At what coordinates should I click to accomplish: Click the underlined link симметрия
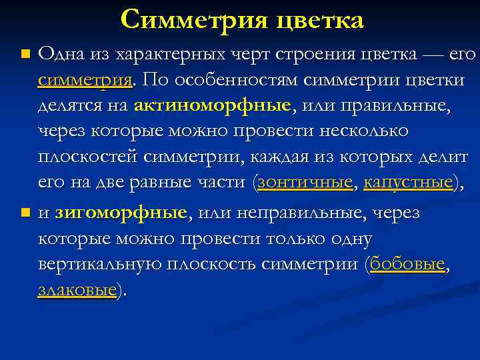85,80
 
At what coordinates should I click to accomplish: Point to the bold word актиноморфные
213,106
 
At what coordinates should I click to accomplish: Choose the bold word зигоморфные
121,213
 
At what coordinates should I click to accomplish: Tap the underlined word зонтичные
305,183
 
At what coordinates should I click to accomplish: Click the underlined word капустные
408,183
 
